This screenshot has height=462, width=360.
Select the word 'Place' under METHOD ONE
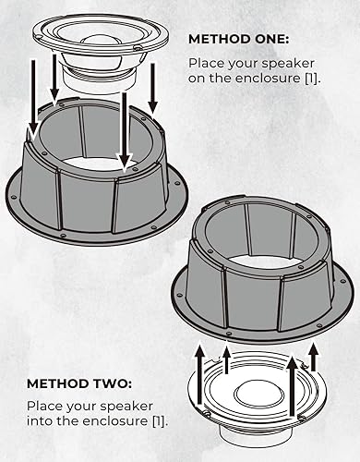pos(207,63)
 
